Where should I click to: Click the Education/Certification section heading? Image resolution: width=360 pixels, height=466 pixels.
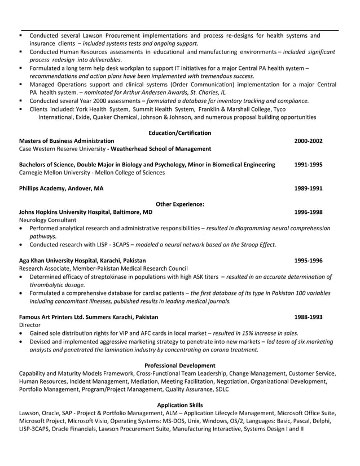click(179, 133)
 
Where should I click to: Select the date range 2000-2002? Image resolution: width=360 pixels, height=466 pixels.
click(308, 140)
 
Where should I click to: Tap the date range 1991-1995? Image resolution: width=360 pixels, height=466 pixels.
click(308, 165)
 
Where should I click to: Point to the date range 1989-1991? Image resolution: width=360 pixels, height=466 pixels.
click(308, 188)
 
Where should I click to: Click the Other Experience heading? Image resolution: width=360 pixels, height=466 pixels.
click(179, 204)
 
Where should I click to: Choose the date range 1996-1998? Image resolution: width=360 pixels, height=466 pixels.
click(308, 212)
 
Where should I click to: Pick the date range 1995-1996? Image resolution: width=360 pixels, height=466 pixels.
click(308, 261)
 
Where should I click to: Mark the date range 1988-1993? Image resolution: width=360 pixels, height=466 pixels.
click(308, 317)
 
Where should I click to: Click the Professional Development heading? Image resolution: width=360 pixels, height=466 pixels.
click(179, 366)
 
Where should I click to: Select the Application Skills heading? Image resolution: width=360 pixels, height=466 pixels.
click(179, 405)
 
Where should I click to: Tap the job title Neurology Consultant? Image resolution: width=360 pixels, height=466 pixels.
click(47, 220)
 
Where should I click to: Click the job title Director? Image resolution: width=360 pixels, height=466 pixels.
click(30, 326)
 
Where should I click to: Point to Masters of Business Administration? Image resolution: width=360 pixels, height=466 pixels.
click(66, 140)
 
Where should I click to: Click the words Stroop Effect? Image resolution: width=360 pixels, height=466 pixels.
click(257, 245)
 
